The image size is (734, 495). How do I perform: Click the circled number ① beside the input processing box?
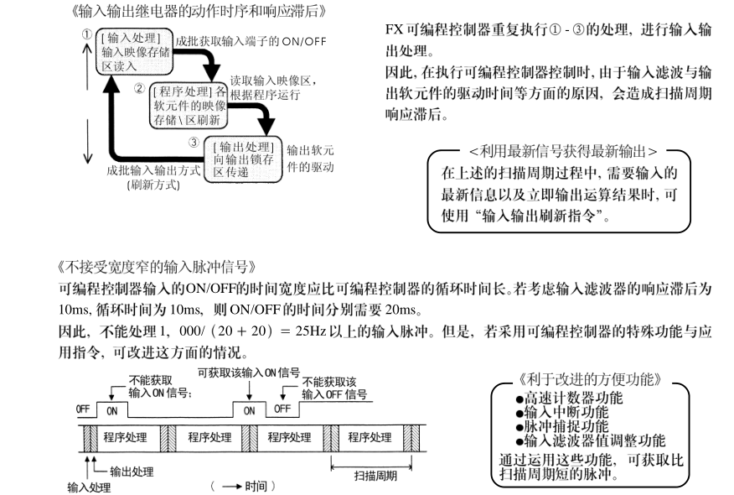point(87,35)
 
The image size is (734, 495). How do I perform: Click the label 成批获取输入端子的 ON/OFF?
point(251,40)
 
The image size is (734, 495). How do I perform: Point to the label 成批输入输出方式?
point(152,169)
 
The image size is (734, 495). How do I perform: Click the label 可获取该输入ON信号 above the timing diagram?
point(248,372)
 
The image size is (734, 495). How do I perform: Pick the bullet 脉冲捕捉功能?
point(569,426)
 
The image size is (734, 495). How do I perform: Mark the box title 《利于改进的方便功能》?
point(590,378)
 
